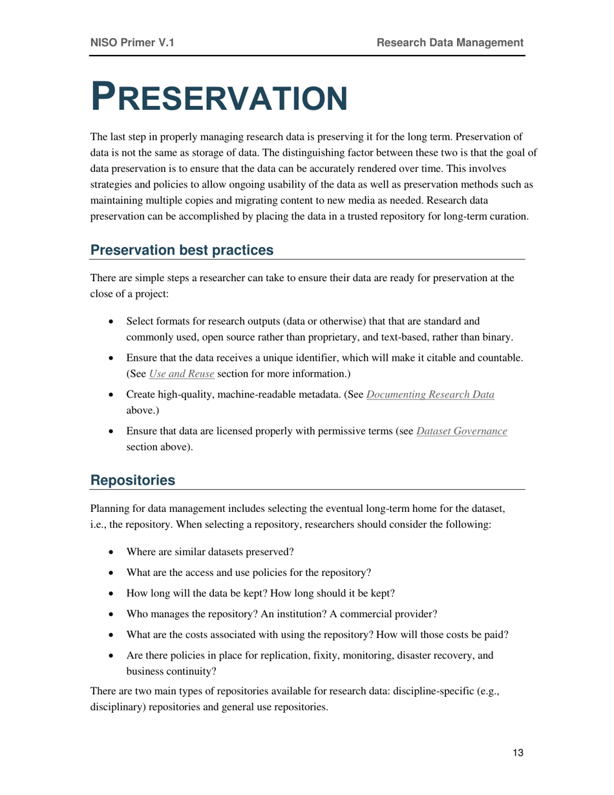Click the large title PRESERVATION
click(x=218, y=97)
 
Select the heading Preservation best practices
click(x=182, y=249)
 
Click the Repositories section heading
click(x=132, y=480)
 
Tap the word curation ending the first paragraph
click(x=510, y=218)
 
